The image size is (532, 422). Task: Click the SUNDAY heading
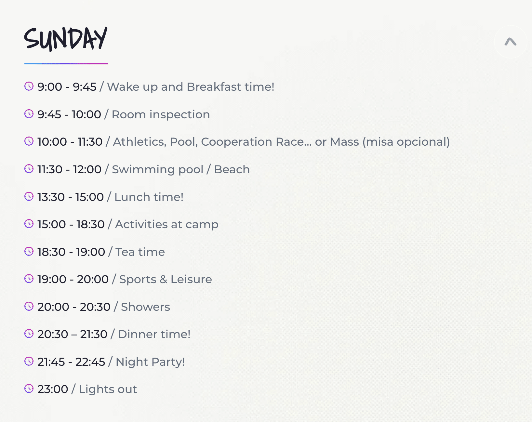[x=66, y=39]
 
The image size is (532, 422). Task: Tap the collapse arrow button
[x=510, y=42]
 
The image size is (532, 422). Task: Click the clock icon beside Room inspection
[x=29, y=114]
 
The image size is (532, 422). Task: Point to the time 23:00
[x=53, y=389]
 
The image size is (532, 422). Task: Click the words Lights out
[x=108, y=389]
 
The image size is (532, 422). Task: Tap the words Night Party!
[x=150, y=362]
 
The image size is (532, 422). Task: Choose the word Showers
[x=145, y=307]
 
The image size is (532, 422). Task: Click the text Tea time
[x=140, y=252]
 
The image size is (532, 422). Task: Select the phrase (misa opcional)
[x=406, y=142]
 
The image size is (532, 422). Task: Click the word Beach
[x=232, y=169]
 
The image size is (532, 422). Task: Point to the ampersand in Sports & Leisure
[x=164, y=279]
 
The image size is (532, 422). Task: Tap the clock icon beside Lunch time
[x=29, y=197]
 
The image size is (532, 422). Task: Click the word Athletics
[x=140, y=142]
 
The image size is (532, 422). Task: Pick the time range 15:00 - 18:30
[x=71, y=224]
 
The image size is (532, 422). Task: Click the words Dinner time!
[x=154, y=334]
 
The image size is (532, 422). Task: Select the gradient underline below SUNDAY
[x=66, y=63]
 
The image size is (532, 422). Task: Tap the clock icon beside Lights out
[x=29, y=389]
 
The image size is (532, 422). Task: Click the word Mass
[x=344, y=142]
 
